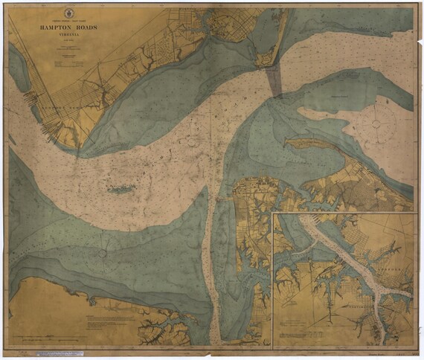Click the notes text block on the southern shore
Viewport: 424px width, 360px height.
point(112,324)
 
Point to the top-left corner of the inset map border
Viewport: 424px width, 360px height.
point(273,213)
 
